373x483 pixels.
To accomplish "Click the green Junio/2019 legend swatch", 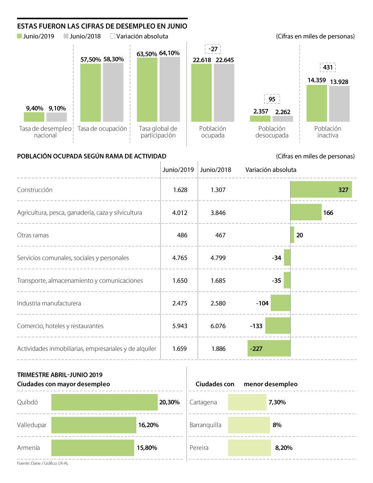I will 19,36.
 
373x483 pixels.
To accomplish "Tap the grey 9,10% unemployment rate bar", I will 57,117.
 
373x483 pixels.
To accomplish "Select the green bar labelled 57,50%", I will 90,93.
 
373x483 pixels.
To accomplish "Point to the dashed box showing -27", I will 213,49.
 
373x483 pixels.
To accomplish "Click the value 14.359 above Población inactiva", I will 317,80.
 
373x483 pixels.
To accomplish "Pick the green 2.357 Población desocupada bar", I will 260,118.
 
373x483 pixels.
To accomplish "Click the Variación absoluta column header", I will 271,170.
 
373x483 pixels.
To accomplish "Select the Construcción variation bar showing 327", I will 321,189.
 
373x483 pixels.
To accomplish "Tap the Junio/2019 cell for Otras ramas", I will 182,235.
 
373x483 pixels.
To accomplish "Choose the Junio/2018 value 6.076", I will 218,326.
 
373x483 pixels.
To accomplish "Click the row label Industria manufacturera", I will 49,303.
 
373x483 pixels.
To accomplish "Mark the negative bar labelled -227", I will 269,348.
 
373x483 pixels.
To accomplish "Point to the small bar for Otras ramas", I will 292,235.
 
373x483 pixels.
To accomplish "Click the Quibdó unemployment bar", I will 104,402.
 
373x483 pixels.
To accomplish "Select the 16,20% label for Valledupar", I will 148,425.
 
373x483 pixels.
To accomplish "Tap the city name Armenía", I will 29,448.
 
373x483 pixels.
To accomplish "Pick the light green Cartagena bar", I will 247,402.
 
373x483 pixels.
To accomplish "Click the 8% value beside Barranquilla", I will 277,425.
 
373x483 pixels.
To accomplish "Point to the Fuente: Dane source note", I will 43,463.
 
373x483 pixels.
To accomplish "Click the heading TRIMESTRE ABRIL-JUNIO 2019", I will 60,375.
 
